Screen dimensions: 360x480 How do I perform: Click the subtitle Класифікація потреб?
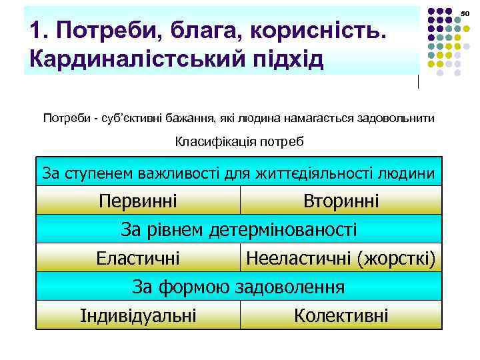click(239, 141)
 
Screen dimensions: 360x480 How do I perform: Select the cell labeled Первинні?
click(138, 201)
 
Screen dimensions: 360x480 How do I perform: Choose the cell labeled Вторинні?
click(341, 201)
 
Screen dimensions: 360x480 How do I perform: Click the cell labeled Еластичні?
click(138, 258)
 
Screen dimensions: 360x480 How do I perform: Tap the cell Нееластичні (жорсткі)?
click(341, 258)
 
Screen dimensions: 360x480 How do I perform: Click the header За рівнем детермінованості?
click(239, 229)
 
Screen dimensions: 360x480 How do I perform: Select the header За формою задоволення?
click(239, 287)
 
